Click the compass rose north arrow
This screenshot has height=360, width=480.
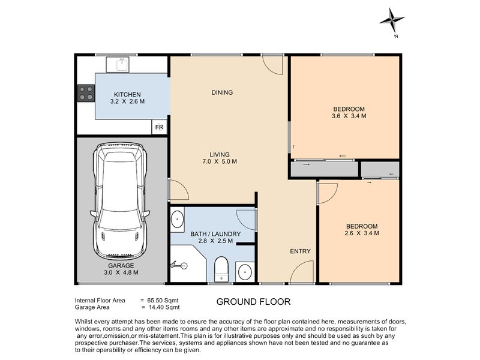click(x=392, y=20)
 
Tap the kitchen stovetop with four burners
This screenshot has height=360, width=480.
click(x=86, y=94)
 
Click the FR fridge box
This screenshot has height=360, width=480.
click(x=159, y=127)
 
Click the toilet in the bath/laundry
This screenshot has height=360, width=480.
click(x=221, y=269)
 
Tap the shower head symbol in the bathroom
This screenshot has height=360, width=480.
click(x=179, y=265)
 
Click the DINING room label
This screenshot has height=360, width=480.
click(x=222, y=92)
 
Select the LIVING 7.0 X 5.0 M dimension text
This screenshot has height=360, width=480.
click(x=220, y=161)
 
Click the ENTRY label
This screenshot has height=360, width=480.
click(x=301, y=251)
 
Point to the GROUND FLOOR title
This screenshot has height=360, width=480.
click(x=253, y=302)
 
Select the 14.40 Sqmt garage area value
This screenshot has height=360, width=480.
click(x=164, y=307)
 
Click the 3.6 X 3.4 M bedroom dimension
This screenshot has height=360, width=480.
click(x=349, y=116)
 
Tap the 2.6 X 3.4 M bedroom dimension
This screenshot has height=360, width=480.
click(x=362, y=233)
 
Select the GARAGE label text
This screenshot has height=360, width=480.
click(x=121, y=266)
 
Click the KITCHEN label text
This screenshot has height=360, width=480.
click(x=127, y=95)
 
